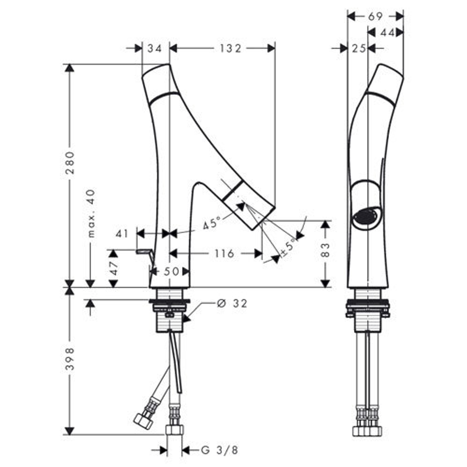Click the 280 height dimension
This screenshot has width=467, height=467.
coord(70,163)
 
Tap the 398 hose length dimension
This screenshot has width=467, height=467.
coord(70,358)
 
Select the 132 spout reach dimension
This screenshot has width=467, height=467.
coord(230,48)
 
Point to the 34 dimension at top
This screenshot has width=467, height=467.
coord(155,48)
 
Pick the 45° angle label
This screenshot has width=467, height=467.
coord(212,222)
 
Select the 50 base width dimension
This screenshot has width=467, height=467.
coord(171,271)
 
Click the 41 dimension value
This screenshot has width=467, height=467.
coord(122,233)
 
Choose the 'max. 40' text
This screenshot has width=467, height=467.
coord(91,213)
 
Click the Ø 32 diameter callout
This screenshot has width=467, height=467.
coord(232,303)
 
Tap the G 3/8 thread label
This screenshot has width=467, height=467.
coord(220,450)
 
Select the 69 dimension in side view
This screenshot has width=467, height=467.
coord(375,16)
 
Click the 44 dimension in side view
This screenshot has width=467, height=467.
coord(388,33)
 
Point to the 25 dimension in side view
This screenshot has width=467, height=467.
coord(359,48)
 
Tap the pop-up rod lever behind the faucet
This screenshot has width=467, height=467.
coord(145,255)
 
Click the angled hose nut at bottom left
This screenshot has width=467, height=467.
coord(143,421)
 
